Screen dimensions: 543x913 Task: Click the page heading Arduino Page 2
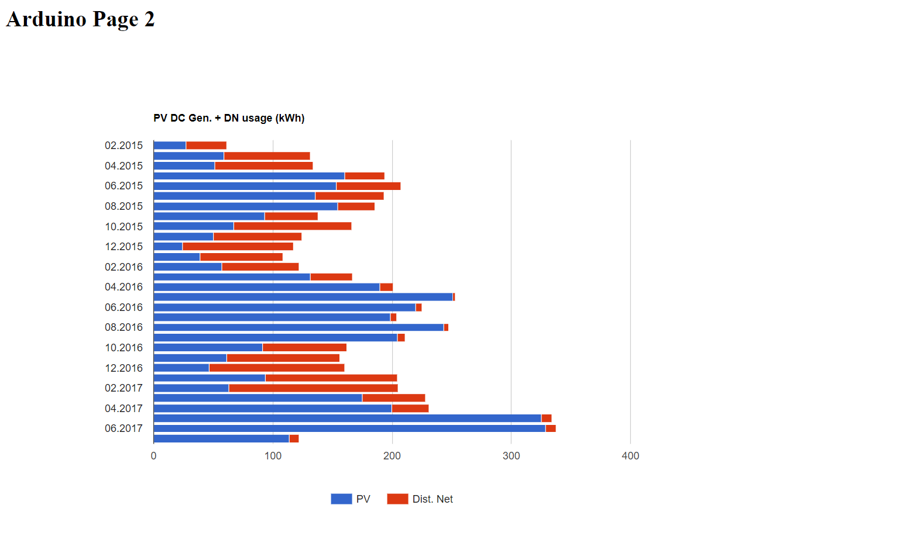click(80, 19)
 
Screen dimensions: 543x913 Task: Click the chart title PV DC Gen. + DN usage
click(229, 118)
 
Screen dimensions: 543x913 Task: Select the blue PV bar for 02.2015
click(170, 146)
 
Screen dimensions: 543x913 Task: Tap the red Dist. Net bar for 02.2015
click(206, 146)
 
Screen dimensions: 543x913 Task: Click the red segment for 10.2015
click(292, 226)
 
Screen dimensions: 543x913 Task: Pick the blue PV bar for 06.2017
click(349, 428)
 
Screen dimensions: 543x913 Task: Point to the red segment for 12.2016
click(276, 368)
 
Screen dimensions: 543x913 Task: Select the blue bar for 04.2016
click(266, 287)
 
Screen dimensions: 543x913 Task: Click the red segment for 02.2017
click(313, 388)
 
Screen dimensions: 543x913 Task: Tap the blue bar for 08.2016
click(298, 327)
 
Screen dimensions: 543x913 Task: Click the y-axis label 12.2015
click(123, 247)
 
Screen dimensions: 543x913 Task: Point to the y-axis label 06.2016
click(123, 307)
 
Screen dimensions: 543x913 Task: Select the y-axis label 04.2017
click(123, 409)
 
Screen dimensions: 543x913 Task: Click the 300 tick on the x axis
click(511, 456)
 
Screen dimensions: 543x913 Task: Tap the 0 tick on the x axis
click(154, 456)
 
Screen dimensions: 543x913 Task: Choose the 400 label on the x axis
click(630, 456)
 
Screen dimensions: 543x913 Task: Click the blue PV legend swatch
click(341, 499)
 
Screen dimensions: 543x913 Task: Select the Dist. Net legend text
click(433, 499)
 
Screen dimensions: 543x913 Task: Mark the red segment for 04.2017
click(410, 409)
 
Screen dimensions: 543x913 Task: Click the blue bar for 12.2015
click(168, 247)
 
